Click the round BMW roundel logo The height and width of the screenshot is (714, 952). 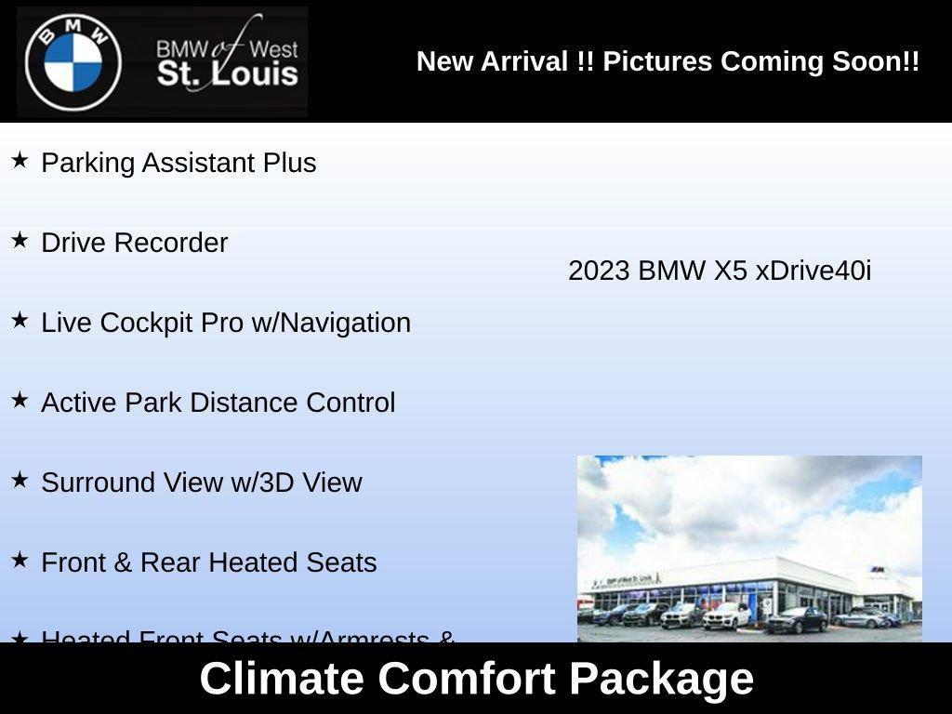pos(73,62)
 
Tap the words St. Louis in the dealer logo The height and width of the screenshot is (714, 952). pos(228,74)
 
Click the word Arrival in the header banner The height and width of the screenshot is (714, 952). pos(524,61)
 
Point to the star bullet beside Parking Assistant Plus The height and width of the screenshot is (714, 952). pos(20,161)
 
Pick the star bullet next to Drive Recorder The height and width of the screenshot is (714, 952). pos(20,241)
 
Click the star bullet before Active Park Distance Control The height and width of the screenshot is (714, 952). pos(20,401)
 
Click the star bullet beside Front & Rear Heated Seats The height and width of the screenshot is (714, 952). pos(20,561)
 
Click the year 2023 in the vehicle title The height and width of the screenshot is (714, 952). pos(599,271)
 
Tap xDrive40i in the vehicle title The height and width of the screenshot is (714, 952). pos(813,271)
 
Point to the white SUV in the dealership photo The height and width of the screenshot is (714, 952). pos(726,615)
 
